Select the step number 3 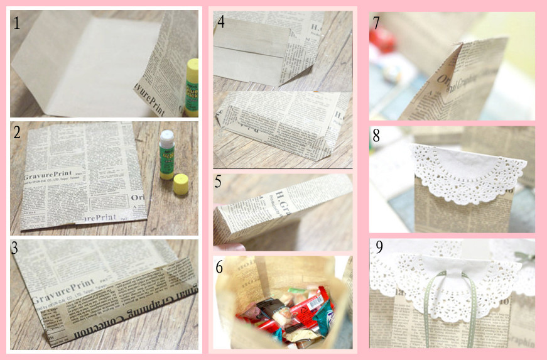15,247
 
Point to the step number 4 220,21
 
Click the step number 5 219,182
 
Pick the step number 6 220,266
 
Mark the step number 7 377,23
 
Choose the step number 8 377,135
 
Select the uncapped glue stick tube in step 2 166,154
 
